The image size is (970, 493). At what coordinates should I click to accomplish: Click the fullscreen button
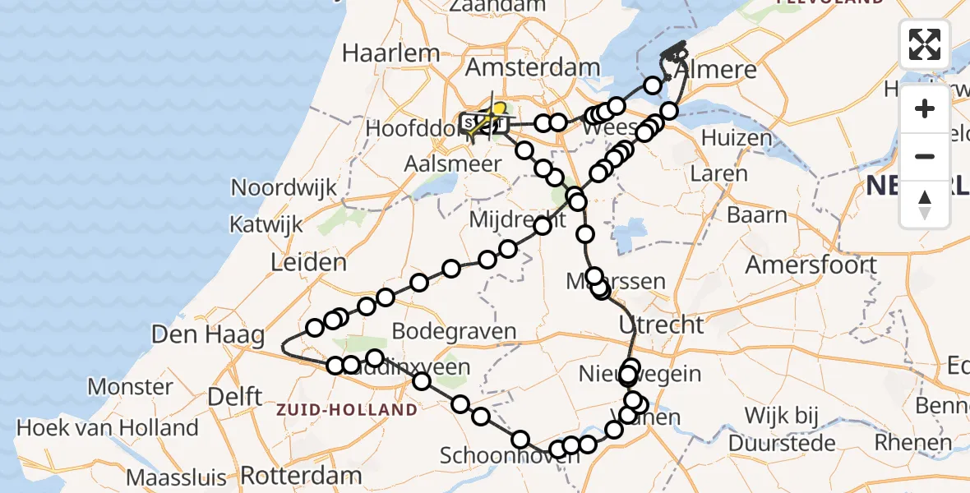[x=925, y=44]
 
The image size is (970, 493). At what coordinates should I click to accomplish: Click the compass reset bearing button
[x=925, y=204]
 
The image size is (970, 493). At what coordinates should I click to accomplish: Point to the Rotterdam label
[x=303, y=475]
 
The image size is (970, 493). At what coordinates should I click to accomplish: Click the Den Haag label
[x=209, y=334]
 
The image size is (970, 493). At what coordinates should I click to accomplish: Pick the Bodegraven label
[x=454, y=332]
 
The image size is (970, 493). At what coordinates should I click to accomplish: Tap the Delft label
[x=235, y=396]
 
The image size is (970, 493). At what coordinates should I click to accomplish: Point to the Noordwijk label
[x=284, y=187]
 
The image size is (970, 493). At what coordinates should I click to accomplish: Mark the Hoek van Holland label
[x=108, y=428]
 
